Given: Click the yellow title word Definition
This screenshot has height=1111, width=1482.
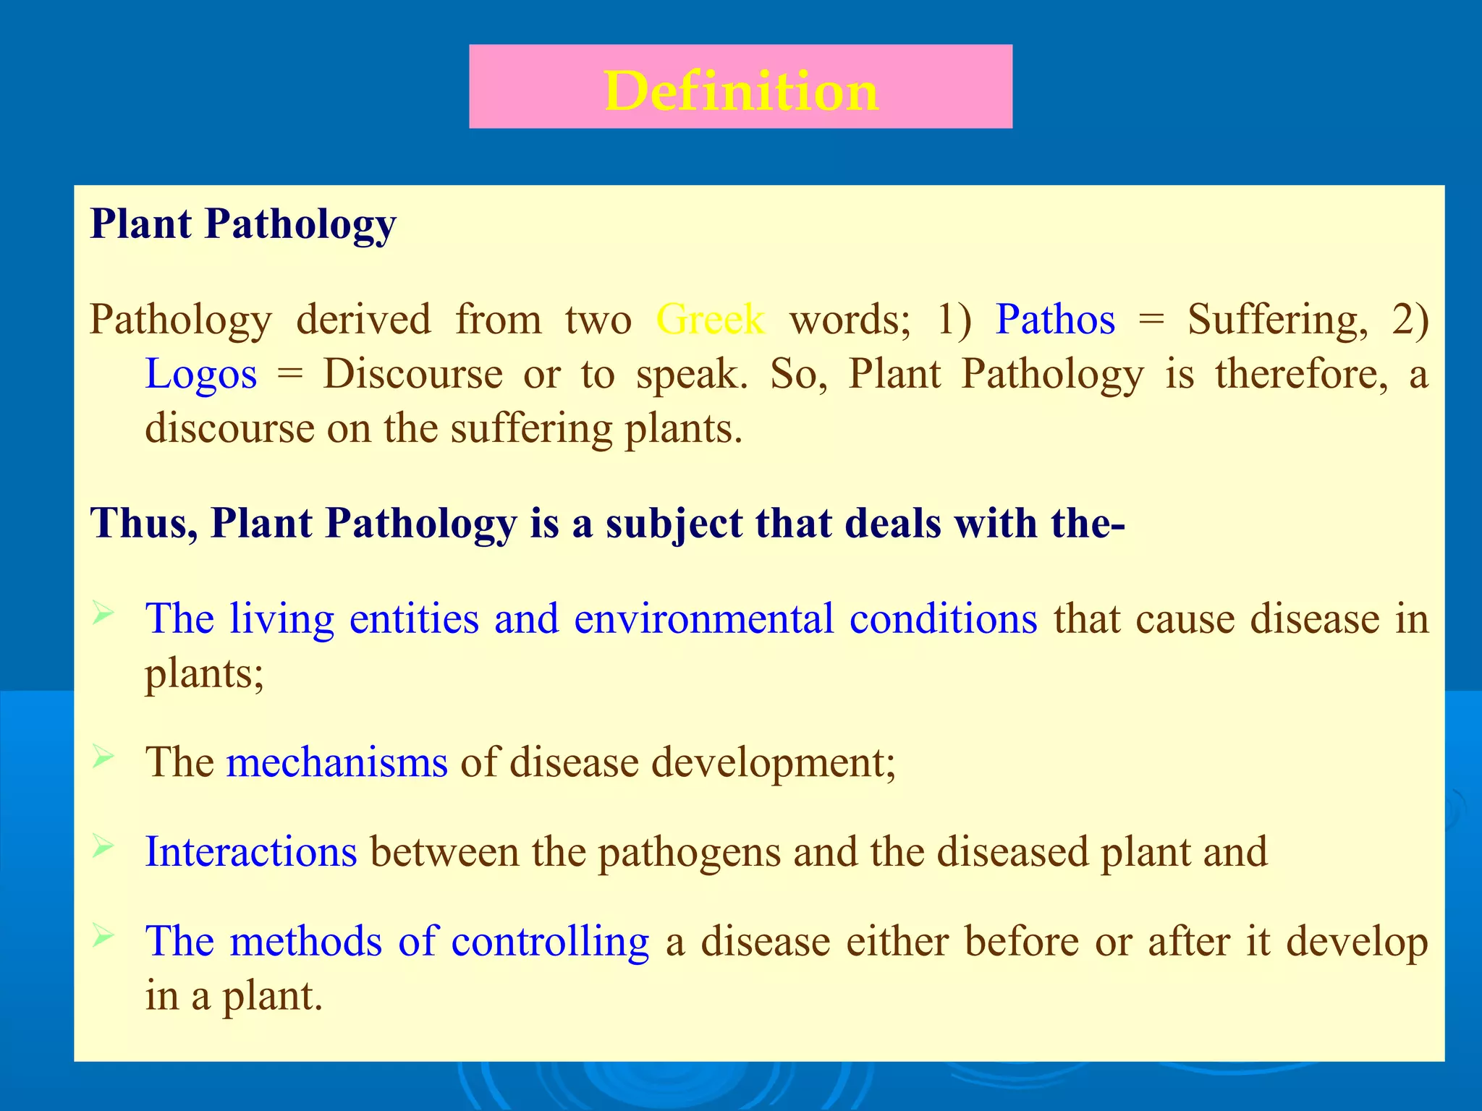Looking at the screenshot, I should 741,91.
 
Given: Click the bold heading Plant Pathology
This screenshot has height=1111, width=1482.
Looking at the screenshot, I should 243,224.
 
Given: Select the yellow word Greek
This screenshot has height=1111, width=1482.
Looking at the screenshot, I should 710,319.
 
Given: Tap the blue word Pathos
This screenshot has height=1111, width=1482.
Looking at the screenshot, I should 1055,319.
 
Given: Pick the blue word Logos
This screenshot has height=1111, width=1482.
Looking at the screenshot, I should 200,374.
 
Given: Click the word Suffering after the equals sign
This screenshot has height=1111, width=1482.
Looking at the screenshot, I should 1277,319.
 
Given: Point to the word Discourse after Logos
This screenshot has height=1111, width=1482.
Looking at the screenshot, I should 412,374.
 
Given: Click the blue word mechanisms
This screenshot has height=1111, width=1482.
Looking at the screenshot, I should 337,762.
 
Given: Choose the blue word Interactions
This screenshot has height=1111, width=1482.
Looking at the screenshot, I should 250,851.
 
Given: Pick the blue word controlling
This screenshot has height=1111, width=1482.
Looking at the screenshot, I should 550,941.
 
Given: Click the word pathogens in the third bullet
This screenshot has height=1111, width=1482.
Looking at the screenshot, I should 689,853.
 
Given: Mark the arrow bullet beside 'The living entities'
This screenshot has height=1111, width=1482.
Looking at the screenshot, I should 103,615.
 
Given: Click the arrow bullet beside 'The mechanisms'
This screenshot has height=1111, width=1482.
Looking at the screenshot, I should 103,757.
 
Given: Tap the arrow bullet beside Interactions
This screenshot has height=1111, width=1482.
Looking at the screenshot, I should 103,846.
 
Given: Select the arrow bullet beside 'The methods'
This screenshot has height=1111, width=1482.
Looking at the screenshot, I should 103,937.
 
